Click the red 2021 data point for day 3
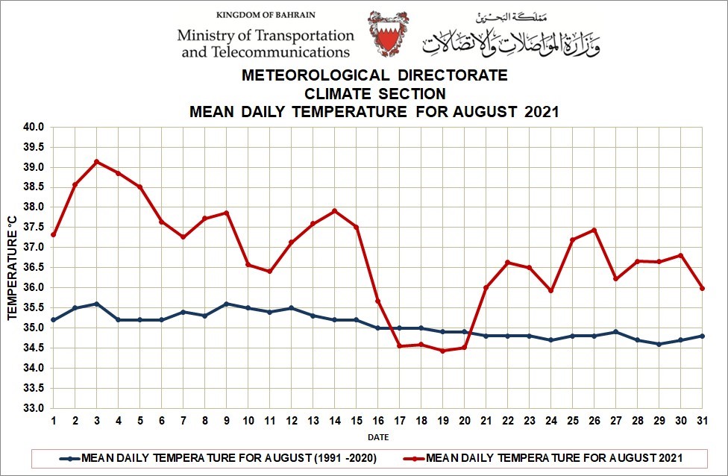point(97,161)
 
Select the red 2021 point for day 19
point(443,351)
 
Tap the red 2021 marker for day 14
point(335,210)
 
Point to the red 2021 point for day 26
point(594,230)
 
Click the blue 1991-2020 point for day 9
point(227,304)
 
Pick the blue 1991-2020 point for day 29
point(659,344)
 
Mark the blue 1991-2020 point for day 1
point(54,320)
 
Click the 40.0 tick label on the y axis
point(34,127)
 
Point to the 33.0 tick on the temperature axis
point(34,409)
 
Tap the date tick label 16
point(378,422)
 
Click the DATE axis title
point(377,437)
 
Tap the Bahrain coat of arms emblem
point(389,34)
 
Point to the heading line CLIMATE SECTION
point(374,94)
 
